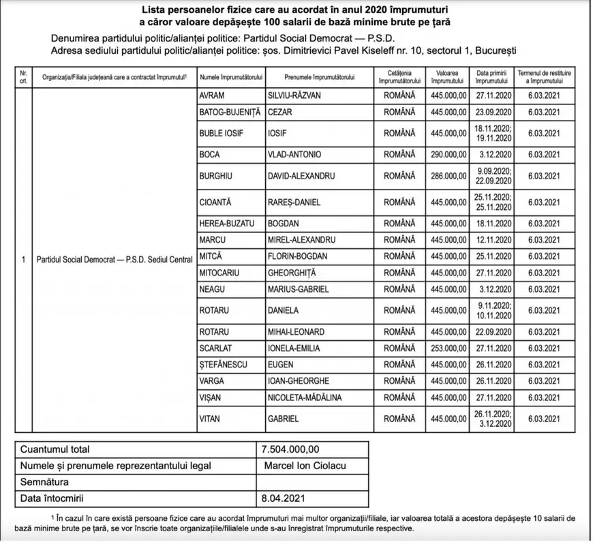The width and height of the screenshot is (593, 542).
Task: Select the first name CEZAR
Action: point(281,112)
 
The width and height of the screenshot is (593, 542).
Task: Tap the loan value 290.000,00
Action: point(448,155)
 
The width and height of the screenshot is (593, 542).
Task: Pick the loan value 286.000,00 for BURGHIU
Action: point(448,176)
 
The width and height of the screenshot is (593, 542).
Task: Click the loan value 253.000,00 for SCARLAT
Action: point(448,346)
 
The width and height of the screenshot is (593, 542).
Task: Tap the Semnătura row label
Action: point(44,482)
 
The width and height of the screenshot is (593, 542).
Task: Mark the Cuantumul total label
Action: point(55,449)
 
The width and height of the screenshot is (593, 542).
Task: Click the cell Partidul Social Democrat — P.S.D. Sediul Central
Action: point(114,260)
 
